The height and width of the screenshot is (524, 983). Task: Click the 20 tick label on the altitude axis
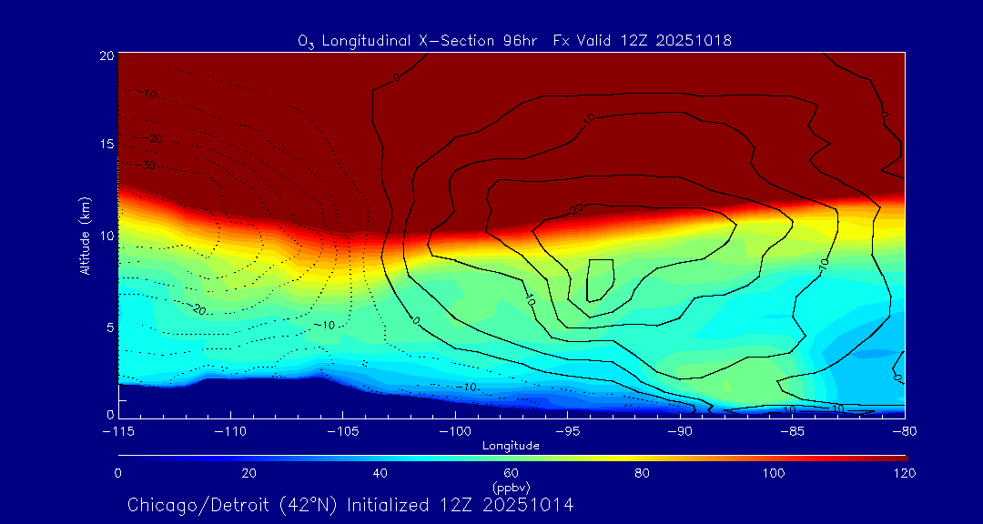106,55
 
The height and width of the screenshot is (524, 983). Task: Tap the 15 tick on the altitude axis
106,145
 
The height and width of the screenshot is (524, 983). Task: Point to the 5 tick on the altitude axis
108,327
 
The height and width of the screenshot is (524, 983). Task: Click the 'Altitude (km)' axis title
85,236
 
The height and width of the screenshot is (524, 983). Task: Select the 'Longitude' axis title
512,446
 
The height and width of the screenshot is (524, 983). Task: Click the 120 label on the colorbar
904,473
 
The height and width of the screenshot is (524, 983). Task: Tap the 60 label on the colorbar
512,473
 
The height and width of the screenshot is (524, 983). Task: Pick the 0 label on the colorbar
118,473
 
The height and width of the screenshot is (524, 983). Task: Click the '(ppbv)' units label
512,488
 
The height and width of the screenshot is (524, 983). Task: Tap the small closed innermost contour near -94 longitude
600,280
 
